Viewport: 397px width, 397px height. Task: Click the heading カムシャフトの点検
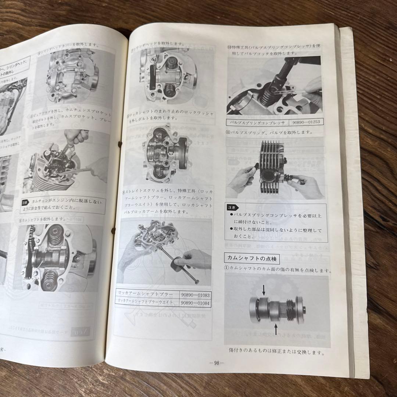point(252,259)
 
